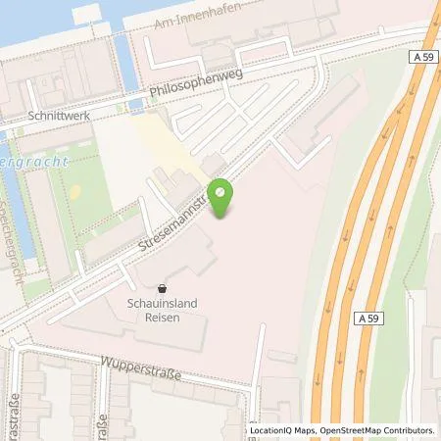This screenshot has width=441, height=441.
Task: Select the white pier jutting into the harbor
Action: click(x=87, y=16)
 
